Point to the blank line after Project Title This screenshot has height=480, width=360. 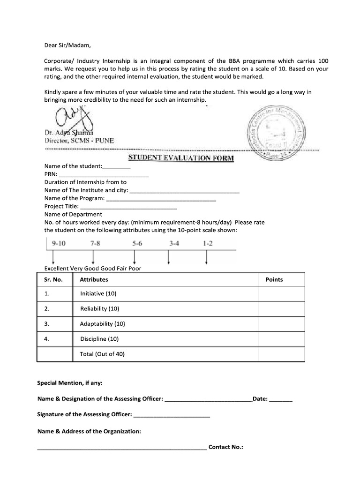click(129, 206)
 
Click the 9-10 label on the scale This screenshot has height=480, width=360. click(60, 244)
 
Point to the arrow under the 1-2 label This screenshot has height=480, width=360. click(207, 257)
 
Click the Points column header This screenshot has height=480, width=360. click(274, 280)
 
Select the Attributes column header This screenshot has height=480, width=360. click(94, 280)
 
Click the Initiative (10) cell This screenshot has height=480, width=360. click(98, 294)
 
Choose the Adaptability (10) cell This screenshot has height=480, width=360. click(103, 324)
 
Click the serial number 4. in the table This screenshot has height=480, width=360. click(46, 339)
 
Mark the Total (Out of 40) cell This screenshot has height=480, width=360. click(102, 354)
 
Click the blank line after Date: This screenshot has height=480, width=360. click(281, 400)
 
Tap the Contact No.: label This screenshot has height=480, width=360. click(226, 447)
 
